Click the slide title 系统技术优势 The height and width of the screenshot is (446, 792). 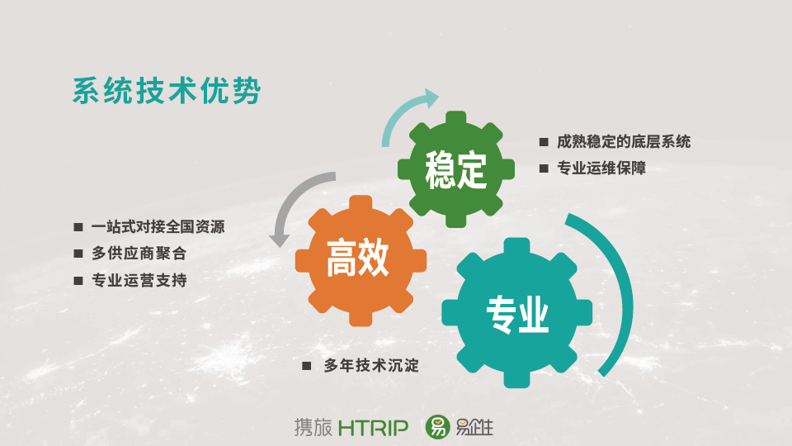(x=167, y=91)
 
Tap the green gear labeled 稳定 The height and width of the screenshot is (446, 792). (x=456, y=169)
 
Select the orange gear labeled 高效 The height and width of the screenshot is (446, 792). (x=361, y=260)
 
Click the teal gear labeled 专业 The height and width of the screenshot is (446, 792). (x=516, y=313)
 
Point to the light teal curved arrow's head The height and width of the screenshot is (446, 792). (x=429, y=98)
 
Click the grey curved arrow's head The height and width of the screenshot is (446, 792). (x=280, y=240)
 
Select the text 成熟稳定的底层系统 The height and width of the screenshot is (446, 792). (x=624, y=141)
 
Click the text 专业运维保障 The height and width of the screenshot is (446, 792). (x=601, y=168)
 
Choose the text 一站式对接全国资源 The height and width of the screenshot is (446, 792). (x=158, y=226)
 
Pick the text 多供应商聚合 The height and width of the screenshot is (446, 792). (x=139, y=254)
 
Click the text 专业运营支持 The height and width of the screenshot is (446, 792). (x=139, y=280)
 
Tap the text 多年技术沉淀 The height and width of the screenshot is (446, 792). (x=371, y=365)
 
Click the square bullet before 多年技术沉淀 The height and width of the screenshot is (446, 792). (x=307, y=366)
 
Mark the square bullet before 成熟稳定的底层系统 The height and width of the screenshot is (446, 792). (x=544, y=142)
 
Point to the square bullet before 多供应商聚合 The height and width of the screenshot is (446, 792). (x=78, y=254)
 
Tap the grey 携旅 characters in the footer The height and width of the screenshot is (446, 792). (x=313, y=427)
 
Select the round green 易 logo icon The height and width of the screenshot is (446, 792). (x=437, y=427)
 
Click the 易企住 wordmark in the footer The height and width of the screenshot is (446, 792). (x=474, y=428)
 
